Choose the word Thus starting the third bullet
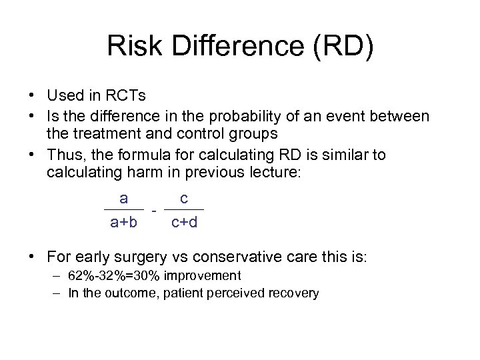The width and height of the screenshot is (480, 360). pos(65,155)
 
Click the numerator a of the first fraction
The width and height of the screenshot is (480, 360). pos(123,198)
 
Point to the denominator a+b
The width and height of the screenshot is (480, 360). pos(123,222)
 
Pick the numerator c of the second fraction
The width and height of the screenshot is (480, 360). pos(184,198)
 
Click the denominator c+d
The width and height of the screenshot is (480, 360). pos(184,222)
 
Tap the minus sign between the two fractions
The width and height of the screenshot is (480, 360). pos(154,211)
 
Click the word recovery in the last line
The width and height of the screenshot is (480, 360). pos(293,293)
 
